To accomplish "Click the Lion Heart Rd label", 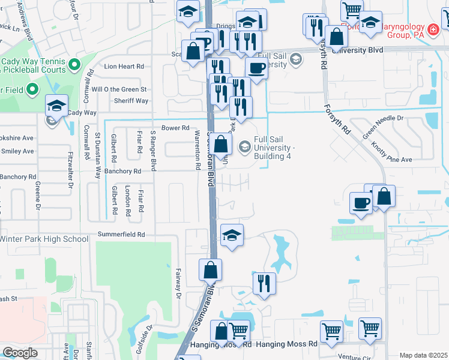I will click(125, 67).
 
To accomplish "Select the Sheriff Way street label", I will click(133, 101).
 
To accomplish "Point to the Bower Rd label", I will click(175, 128).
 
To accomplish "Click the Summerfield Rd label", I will click(125, 235).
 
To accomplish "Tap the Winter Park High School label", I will click(44, 239).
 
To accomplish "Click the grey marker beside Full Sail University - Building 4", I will click(244, 146).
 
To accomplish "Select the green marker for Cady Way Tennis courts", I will click(74, 64).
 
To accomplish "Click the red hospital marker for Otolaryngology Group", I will click(433, 28).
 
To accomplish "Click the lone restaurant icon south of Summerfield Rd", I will click(264, 283).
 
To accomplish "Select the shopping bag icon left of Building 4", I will click(221, 143).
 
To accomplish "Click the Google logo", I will click(20, 352).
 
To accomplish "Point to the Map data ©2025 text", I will click(423, 355).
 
